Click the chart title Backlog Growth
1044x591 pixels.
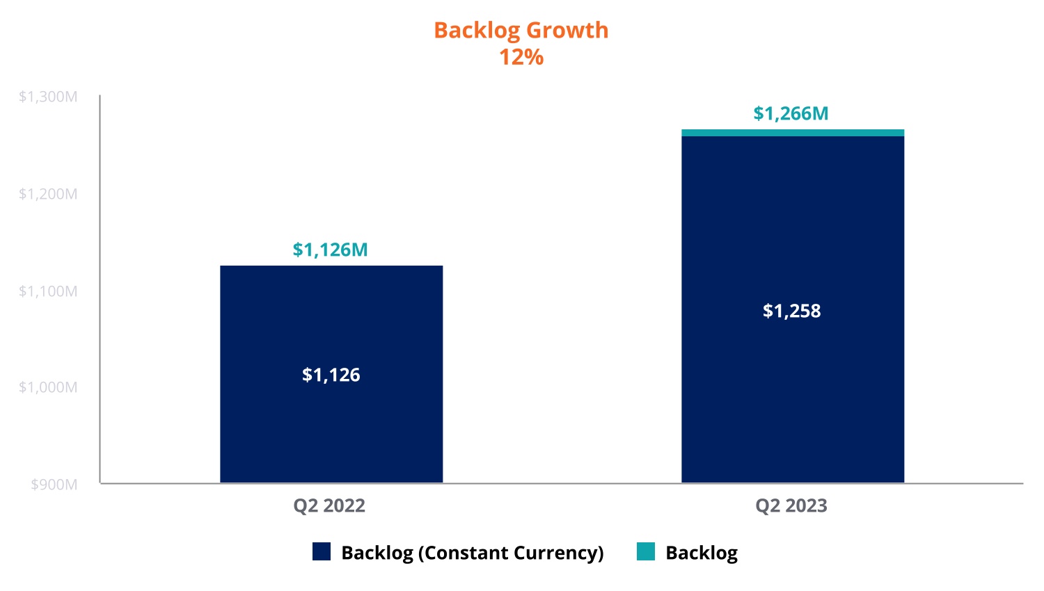point(521,31)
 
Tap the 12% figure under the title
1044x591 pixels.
point(521,57)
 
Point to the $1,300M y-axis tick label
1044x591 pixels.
point(48,97)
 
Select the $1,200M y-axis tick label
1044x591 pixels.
point(48,194)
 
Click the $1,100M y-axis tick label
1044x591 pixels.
point(48,291)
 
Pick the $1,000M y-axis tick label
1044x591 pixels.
point(48,387)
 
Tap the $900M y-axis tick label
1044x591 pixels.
point(54,485)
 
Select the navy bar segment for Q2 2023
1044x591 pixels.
point(792,403)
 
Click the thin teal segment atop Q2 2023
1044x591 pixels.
point(792,133)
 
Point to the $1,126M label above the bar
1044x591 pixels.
point(330,250)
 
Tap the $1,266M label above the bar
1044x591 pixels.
point(791,113)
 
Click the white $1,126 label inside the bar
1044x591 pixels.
point(331,375)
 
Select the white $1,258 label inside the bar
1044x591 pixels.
point(792,311)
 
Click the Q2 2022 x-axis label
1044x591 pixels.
point(329,505)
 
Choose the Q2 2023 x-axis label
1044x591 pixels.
point(791,505)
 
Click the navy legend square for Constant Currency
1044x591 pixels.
point(322,552)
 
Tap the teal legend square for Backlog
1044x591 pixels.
point(646,552)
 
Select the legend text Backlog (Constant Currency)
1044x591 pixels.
point(473,553)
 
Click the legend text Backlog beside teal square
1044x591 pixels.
point(702,553)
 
